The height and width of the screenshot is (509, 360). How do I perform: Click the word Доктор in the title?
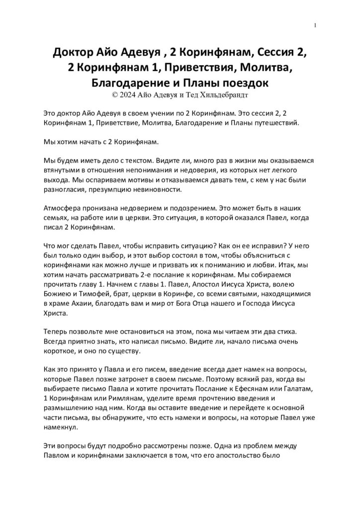click(76, 53)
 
